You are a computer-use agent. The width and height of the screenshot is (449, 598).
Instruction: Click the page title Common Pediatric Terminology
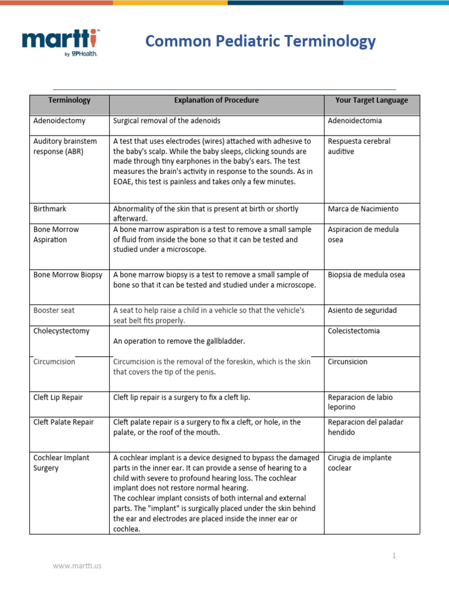[260, 41]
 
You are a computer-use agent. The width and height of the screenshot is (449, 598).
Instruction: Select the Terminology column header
[70, 100]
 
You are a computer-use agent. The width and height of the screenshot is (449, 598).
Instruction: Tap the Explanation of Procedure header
[216, 100]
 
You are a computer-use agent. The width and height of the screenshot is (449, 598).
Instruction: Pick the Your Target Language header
[371, 100]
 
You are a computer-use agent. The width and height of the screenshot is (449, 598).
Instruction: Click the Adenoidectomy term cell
[59, 121]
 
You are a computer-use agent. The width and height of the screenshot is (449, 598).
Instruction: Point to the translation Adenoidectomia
[355, 121]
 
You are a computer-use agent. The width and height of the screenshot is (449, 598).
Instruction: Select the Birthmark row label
[49, 209]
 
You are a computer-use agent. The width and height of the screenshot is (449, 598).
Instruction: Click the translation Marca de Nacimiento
[363, 209]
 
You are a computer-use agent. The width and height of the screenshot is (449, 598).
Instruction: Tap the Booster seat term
[54, 311]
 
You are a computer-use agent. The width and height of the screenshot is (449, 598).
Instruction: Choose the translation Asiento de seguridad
[362, 311]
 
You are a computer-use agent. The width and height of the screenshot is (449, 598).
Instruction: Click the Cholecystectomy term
[61, 331]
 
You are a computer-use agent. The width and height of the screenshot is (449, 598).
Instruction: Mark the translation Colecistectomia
[354, 331]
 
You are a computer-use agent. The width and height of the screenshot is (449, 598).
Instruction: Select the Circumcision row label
[54, 362]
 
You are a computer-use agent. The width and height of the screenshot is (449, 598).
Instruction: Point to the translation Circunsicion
[348, 362]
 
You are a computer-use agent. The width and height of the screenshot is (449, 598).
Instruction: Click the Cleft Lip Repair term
[58, 398]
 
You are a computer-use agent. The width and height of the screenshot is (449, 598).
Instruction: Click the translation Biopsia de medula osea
[366, 275]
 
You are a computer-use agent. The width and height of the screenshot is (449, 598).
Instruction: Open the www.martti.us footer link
[77, 566]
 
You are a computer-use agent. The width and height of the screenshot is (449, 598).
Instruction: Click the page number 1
[394, 556]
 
